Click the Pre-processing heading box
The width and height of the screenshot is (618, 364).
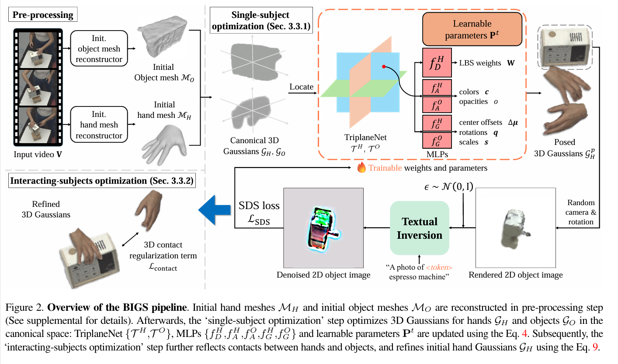coord(43,15)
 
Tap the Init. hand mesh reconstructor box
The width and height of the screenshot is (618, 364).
coord(99,124)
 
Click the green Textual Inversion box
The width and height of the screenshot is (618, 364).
coord(419,229)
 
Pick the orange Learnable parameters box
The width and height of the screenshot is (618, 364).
coord(472,29)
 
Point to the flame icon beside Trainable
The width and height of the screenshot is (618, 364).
coord(361,168)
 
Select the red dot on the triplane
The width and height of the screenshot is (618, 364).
coord(383,67)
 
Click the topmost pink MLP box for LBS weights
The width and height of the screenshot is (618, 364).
coord(437,63)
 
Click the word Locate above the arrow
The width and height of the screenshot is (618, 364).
coord(301,87)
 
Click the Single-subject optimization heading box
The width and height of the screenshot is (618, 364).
coord(260,21)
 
